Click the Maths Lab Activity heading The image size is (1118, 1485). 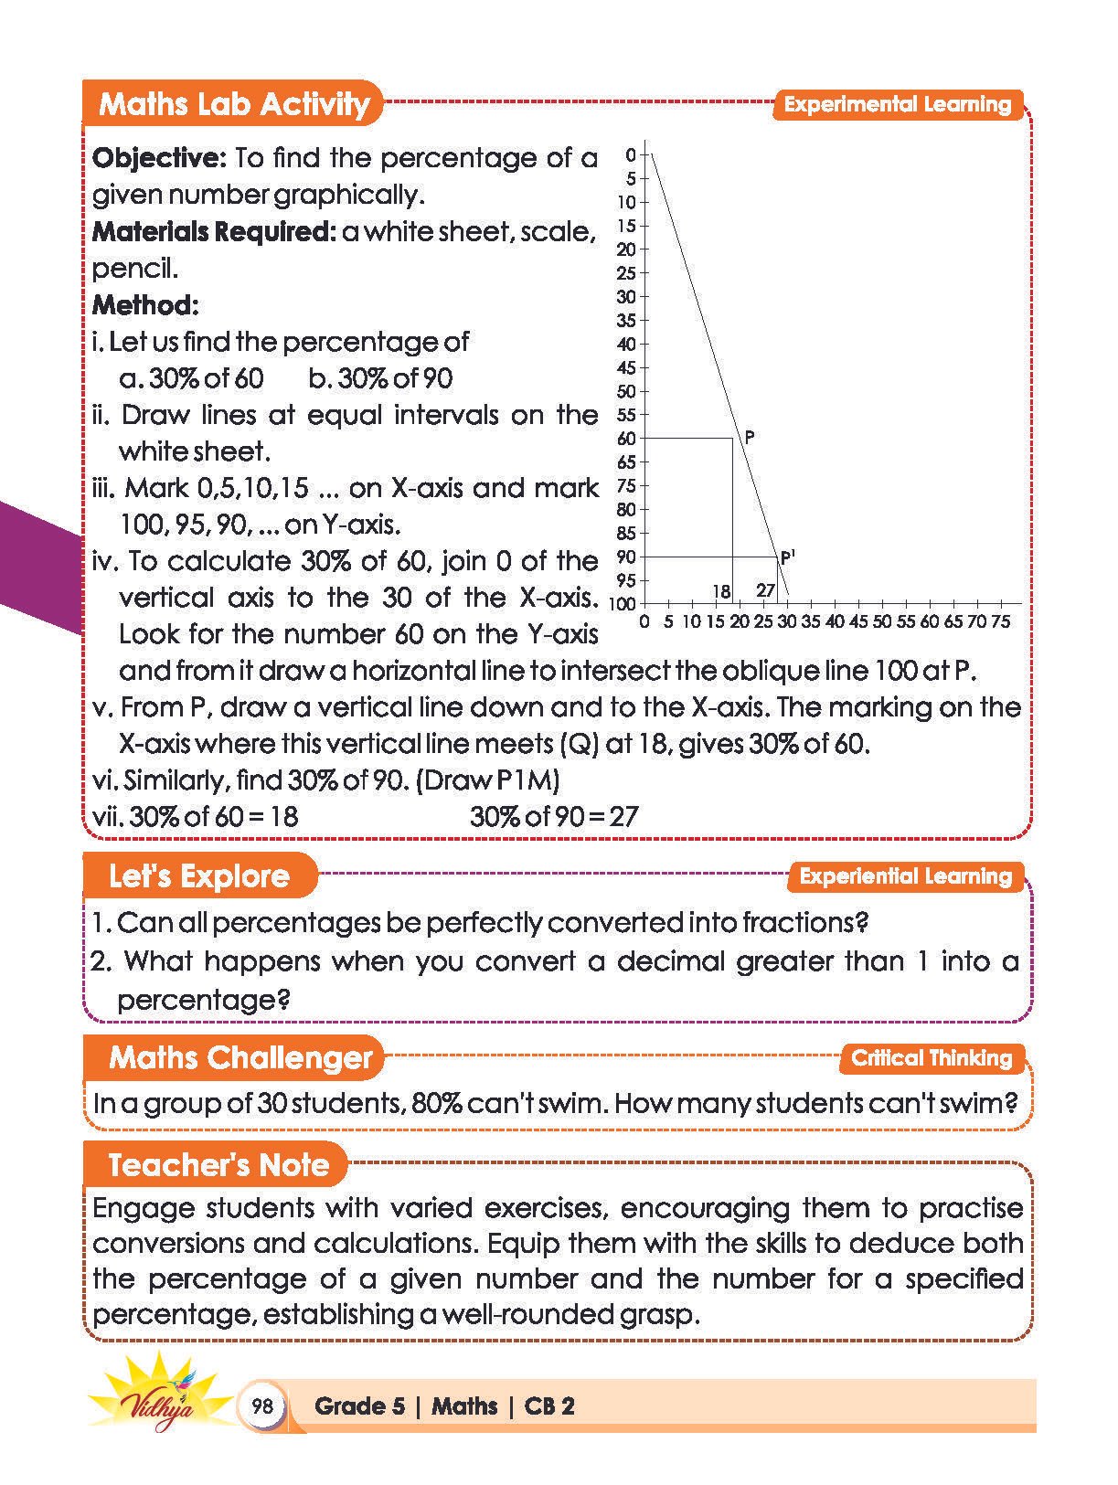click(233, 104)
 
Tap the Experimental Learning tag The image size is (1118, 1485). click(898, 104)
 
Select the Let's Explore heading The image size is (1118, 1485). click(198, 875)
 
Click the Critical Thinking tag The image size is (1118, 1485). click(932, 1058)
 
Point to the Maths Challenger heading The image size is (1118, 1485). click(240, 1057)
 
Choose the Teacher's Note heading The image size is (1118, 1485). click(218, 1164)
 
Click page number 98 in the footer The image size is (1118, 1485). click(261, 1405)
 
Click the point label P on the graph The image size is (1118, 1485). click(750, 437)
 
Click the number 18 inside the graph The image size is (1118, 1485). click(721, 591)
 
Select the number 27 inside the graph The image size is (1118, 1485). click(766, 591)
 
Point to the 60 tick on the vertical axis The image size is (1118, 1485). click(627, 439)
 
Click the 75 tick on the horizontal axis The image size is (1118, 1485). click(1000, 621)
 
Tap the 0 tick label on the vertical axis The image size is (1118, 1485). click(630, 155)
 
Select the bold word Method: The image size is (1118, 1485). click(145, 304)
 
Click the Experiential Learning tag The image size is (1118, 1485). click(905, 876)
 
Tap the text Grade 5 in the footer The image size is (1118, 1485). click(359, 1405)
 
